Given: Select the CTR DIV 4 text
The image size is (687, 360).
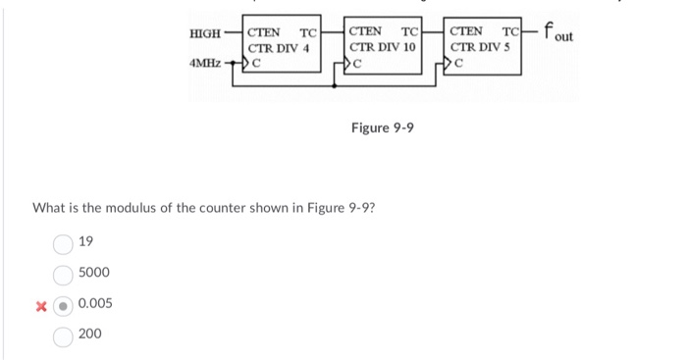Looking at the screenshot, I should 279,48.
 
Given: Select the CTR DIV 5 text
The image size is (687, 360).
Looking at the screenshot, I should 482,48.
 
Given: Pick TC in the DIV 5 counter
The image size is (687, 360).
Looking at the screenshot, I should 509,32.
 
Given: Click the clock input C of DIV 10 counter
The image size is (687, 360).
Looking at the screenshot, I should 358,65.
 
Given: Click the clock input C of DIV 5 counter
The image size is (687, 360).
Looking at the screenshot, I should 458,65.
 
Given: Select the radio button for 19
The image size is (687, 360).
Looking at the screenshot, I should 63,242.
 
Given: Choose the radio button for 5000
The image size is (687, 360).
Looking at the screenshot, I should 63,273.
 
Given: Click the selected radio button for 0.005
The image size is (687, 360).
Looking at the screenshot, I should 63,304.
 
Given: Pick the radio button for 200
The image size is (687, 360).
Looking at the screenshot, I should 63,335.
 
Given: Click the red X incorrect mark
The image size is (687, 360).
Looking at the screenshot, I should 40,304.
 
